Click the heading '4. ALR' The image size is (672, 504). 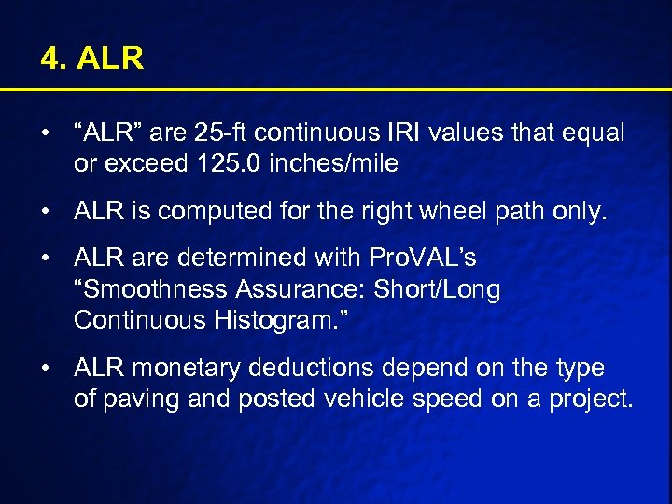click(x=91, y=60)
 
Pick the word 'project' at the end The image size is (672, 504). click(x=592, y=399)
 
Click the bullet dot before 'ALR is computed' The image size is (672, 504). click(x=46, y=213)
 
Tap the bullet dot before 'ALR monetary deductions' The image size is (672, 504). click(x=46, y=369)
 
